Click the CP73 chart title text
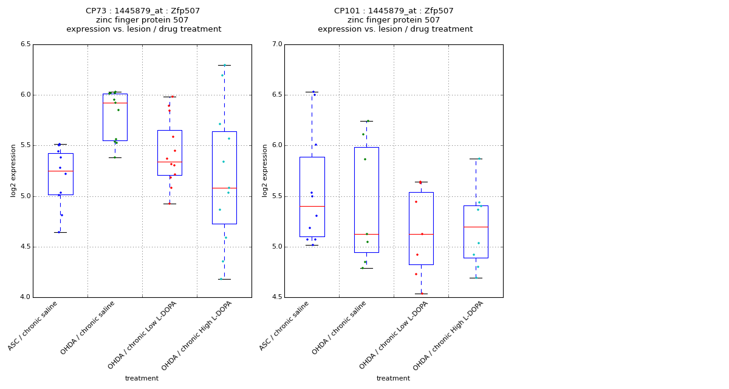[143, 20]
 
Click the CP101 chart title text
[395, 20]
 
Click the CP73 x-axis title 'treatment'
[142, 379]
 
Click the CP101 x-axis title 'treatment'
[393, 379]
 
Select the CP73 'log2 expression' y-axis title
[13, 171]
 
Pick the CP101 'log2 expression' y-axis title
[265, 171]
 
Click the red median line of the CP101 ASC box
[312, 206]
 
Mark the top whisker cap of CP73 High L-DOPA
[224, 65]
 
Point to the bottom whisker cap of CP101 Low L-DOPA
[421, 294]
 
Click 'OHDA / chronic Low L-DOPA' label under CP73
[143, 335]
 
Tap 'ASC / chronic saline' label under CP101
[284, 326]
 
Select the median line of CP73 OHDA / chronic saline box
[115, 103]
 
